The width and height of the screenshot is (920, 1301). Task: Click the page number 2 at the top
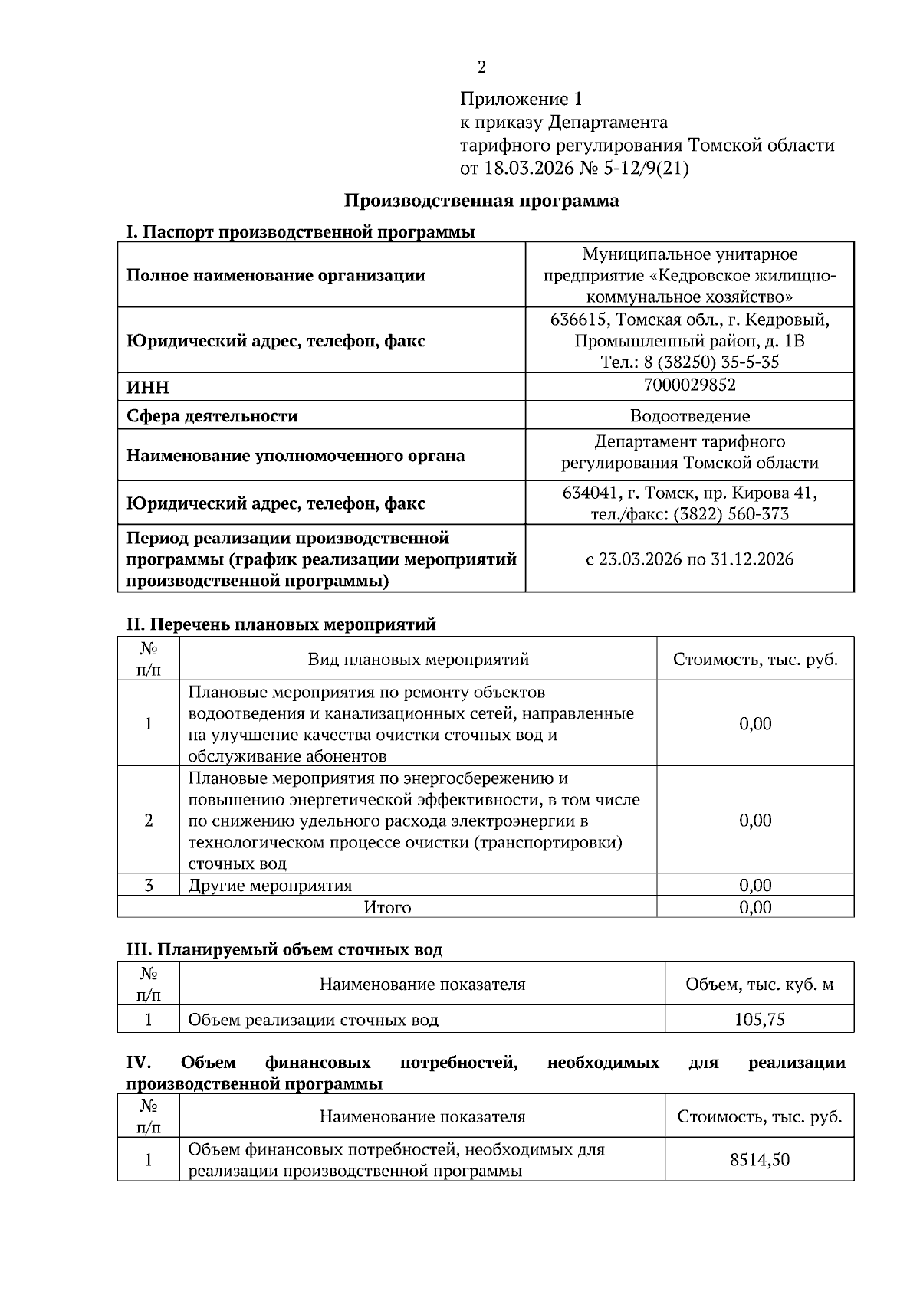481,67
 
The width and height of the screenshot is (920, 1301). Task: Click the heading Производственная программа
481,201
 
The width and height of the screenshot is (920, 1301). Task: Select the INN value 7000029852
689,385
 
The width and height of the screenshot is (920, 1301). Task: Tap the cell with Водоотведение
689,416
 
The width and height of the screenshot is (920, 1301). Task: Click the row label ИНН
147,388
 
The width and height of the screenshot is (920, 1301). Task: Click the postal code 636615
580,319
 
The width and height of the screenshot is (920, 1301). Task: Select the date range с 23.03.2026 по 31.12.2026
689,559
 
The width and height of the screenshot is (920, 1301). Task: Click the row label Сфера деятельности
212,416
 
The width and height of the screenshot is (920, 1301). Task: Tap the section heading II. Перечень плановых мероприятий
281,624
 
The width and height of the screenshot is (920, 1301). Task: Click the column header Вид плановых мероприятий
418,660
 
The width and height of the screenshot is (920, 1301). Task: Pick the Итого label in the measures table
387,908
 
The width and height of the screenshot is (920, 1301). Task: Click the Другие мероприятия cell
270,886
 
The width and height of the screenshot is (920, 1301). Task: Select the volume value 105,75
759,1020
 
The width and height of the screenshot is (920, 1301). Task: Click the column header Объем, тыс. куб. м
759,985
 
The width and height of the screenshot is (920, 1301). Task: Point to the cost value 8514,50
759,1159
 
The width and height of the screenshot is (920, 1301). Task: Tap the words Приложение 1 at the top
521,99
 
